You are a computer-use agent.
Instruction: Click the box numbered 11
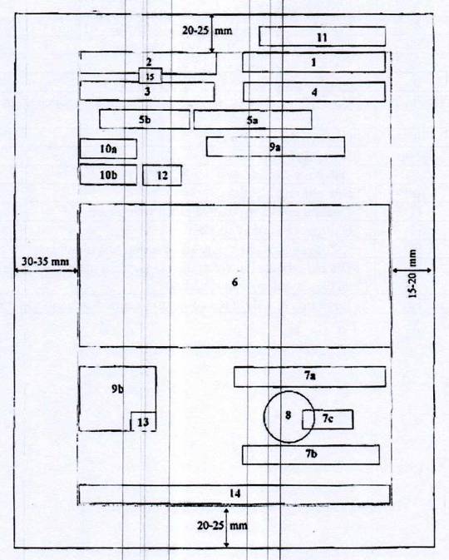[323, 37]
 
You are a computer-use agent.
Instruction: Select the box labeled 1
[313, 62]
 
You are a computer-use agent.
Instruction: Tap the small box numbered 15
[150, 76]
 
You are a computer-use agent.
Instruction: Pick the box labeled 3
[147, 92]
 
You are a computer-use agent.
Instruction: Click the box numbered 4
[314, 92]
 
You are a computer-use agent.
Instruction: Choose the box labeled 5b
[145, 119]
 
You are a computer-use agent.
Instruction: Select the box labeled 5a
[253, 120]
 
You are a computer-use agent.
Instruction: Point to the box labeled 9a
[275, 146]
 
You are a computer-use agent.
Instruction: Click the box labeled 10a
[108, 149]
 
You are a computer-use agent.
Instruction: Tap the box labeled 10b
[108, 175]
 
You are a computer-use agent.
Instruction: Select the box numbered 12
[162, 176]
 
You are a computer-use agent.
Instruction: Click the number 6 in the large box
[234, 282]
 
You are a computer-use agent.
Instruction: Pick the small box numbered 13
[143, 421]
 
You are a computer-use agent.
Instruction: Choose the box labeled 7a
[310, 376]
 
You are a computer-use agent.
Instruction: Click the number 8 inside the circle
[288, 415]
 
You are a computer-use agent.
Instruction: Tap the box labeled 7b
[311, 454]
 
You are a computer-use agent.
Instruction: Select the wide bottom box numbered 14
[234, 494]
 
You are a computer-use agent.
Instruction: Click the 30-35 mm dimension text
[46, 261]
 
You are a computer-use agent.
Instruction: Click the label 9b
[117, 389]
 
